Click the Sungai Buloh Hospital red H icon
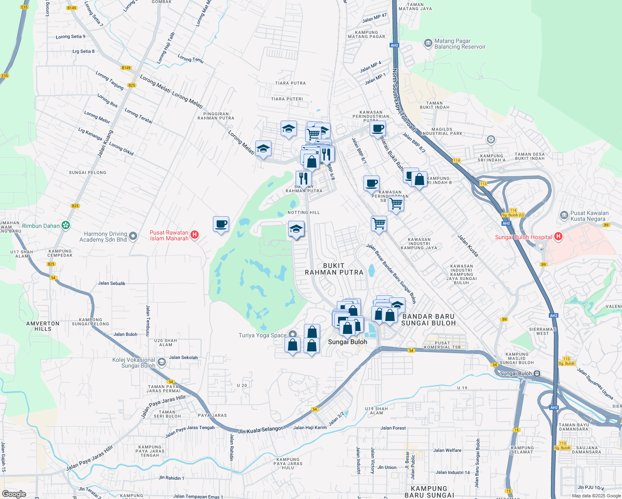pos(558,237)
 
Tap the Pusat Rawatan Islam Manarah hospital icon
pos(194,235)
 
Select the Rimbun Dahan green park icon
pos(65,225)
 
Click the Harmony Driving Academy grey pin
pos(133,236)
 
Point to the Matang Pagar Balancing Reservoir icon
pos(428,43)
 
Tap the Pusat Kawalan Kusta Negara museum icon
pos(564,215)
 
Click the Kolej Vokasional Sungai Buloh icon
pos(162,362)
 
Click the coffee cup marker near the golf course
pos(221,225)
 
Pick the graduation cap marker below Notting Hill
pos(296,229)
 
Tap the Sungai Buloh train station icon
pos(537,373)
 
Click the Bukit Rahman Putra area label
pos(334,269)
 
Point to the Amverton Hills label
pos(43,326)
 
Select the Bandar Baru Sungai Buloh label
pos(429,320)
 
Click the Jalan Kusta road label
pos(468,245)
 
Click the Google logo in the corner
pos(14,494)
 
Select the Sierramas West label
pos(542,331)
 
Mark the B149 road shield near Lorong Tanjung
pos(126,68)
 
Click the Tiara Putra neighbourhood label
pos(290,83)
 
